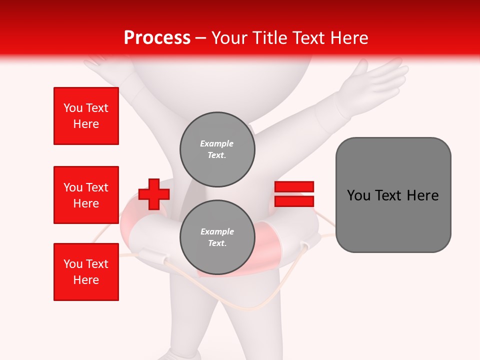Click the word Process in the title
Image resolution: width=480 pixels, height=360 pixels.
(x=157, y=37)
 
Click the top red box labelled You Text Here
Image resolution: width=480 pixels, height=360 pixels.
(x=86, y=116)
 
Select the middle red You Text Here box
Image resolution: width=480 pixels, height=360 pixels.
(x=86, y=195)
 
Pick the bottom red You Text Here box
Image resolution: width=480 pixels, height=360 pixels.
(x=86, y=272)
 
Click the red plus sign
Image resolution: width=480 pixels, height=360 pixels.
(x=153, y=194)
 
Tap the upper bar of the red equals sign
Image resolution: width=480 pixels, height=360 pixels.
(x=294, y=186)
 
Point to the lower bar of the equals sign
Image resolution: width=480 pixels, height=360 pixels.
(x=294, y=201)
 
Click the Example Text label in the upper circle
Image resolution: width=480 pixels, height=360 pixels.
(x=217, y=149)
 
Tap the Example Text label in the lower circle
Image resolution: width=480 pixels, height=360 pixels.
(x=217, y=237)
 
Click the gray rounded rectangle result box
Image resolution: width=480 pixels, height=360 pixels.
(x=393, y=220)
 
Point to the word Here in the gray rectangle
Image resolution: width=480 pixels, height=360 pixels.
(x=422, y=195)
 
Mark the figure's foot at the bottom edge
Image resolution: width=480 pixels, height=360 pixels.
(x=180, y=354)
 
